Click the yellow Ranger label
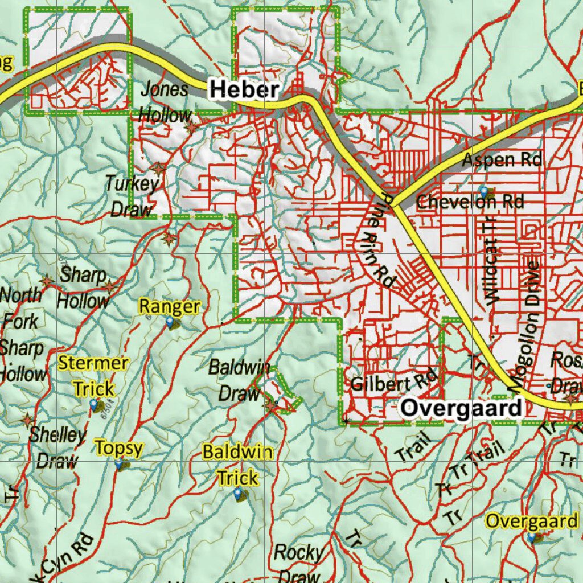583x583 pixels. [170, 307]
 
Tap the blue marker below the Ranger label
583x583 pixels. [170, 323]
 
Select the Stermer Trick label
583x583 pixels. [93, 376]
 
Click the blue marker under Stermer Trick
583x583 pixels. [94, 404]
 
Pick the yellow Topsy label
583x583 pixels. [118, 448]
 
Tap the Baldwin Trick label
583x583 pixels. [237, 465]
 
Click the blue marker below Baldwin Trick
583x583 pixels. [238, 494]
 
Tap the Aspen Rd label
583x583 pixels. [501, 160]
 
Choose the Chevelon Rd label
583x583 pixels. [470, 202]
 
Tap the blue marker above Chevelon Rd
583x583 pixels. [483, 190]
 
